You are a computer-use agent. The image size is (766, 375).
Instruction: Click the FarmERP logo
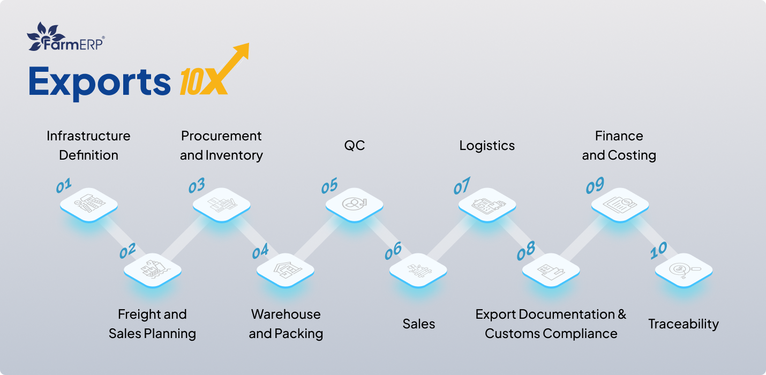click(x=65, y=37)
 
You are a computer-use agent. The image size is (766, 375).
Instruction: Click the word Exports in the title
click(x=100, y=81)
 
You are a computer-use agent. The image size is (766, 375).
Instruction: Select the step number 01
click(x=64, y=186)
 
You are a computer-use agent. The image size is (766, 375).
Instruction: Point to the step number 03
click(x=197, y=186)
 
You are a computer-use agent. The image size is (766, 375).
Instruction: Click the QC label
click(x=354, y=146)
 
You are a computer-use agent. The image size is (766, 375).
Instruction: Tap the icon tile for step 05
click(x=354, y=204)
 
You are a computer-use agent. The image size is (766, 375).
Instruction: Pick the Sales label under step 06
click(x=418, y=324)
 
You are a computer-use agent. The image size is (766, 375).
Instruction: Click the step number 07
click(x=462, y=186)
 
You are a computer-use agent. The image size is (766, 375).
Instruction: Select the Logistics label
click(x=487, y=146)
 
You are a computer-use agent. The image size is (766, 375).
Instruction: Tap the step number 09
click(x=595, y=186)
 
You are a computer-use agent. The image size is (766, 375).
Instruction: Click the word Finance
click(x=619, y=136)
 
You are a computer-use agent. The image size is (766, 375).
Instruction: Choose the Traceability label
click(x=684, y=324)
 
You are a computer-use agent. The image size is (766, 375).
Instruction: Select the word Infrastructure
click(x=88, y=136)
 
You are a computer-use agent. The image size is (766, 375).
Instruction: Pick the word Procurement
click(x=221, y=136)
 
